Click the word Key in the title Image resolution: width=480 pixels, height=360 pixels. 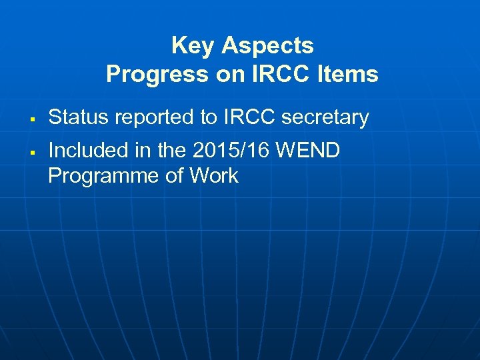[193, 46]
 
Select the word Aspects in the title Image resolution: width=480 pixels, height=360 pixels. [267, 46]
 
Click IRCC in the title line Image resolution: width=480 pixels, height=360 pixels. [281, 74]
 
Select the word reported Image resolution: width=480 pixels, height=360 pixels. [151, 117]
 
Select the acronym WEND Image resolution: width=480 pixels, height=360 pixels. [308, 151]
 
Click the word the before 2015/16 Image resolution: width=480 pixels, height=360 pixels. [172, 151]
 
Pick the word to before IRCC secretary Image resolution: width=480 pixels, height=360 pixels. [209, 117]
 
